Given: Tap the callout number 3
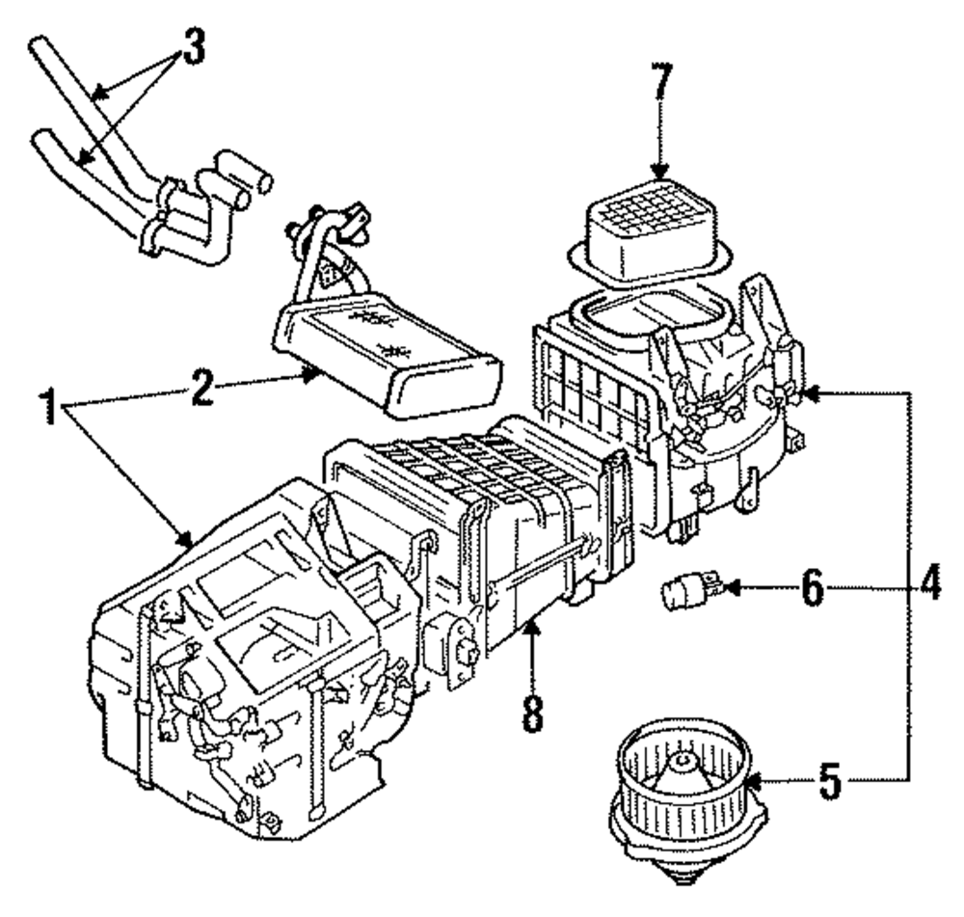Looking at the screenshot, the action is tap(193, 46).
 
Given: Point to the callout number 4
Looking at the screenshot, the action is tap(927, 582).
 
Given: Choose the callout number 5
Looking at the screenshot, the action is tap(831, 780).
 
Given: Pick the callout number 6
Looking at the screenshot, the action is tap(812, 588).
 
